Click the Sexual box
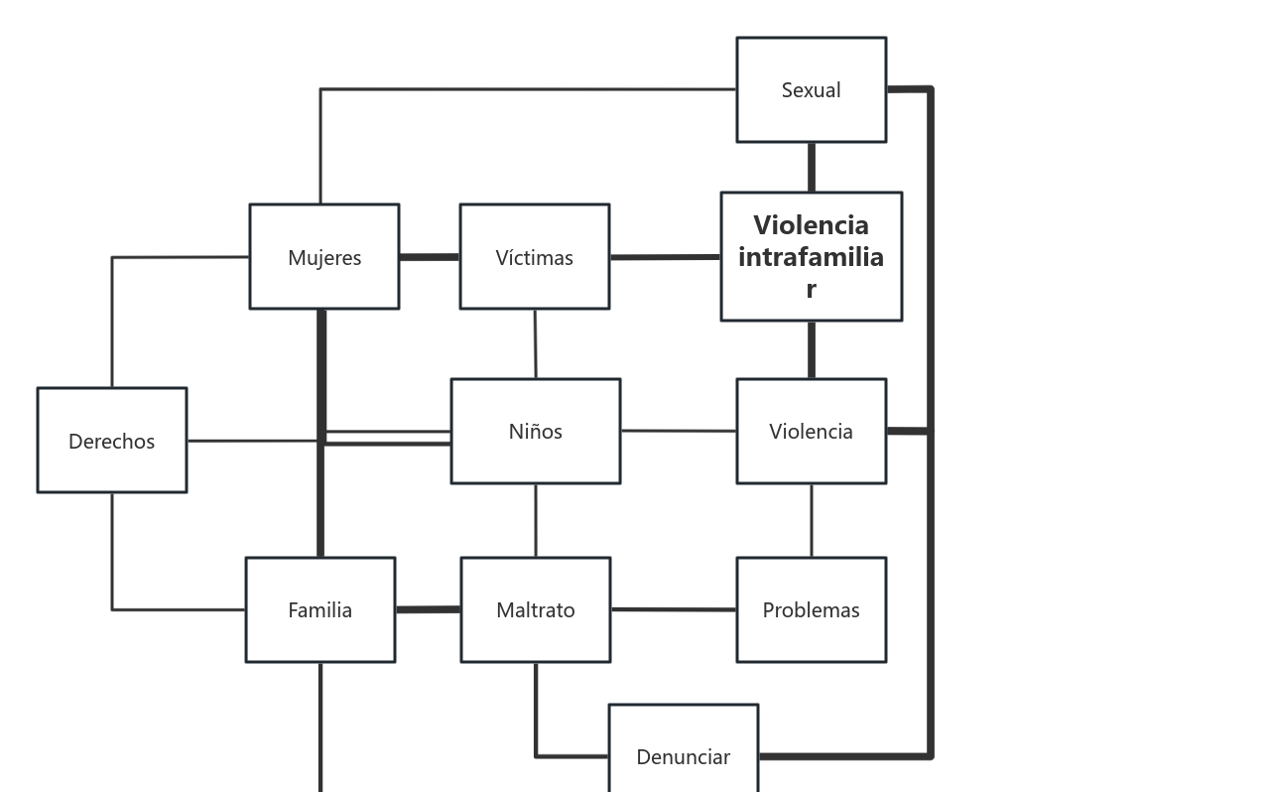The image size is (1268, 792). (811, 89)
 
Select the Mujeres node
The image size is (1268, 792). (323, 257)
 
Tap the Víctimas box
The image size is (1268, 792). (534, 257)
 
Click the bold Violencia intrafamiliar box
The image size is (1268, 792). (811, 256)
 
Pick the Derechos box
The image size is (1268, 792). (111, 440)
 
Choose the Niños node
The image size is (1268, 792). (535, 431)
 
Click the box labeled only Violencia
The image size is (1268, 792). (811, 431)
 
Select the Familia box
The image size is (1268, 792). (319, 609)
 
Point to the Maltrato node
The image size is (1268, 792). (535, 609)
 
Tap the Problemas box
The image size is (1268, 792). (811, 609)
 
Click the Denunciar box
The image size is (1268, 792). (683, 756)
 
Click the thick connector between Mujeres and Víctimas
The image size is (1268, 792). (430, 257)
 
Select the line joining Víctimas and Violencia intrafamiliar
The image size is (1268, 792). (665, 257)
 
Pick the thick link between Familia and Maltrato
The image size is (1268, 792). (428, 609)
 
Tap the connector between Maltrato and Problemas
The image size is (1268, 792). (673, 609)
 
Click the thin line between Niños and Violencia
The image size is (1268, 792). (678, 431)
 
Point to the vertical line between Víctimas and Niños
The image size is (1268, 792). (536, 343)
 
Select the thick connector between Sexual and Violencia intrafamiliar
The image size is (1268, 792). (812, 167)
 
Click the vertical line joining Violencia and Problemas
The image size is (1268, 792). (812, 520)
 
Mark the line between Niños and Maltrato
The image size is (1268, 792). (536, 520)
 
